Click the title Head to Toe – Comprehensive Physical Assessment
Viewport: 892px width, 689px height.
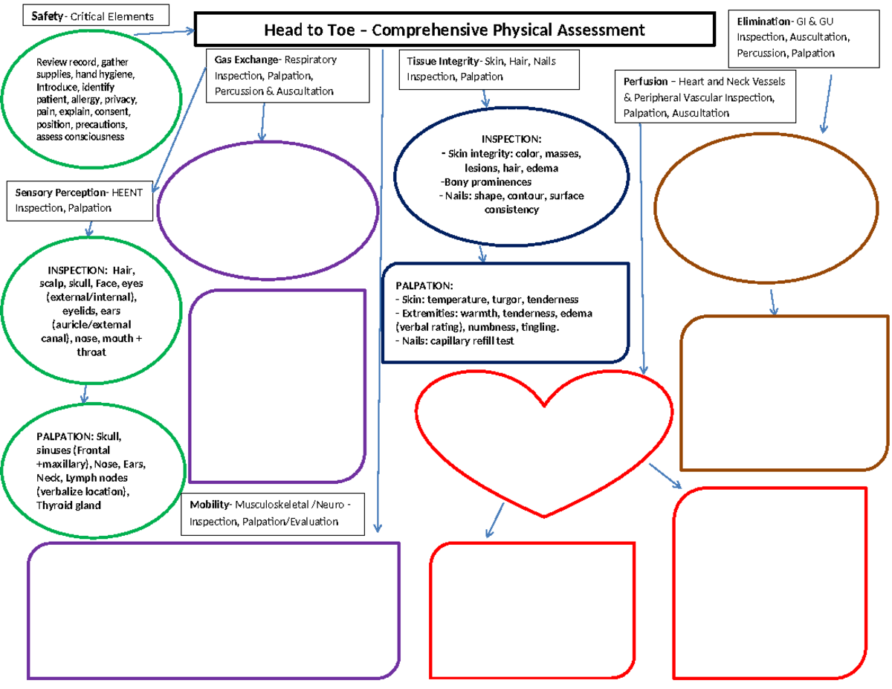click(x=455, y=30)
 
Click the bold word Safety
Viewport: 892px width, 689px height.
click(x=48, y=16)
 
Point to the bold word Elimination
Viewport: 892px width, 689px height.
click(x=760, y=22)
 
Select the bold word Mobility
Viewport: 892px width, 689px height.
click(x=209, y=505)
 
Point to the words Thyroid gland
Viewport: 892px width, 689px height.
click(x=68, y=505)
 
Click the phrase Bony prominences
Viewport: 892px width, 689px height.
click(x=486, y=182)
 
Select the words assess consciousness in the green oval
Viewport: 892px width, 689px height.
click(x=80, y=137)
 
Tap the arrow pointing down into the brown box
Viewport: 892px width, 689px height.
click(x=773, y=301)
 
